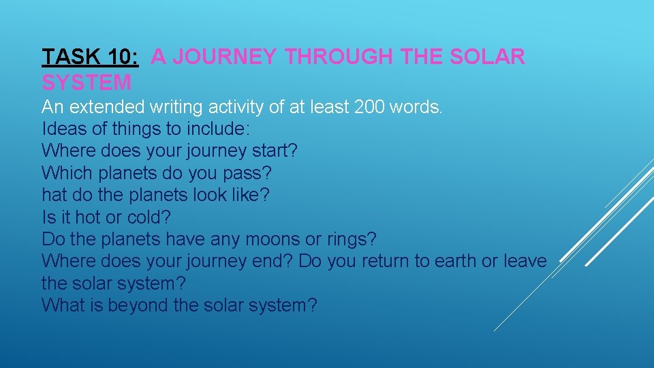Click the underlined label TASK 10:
(91, 57)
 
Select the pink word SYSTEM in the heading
(87, 83)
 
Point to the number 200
(371, 107)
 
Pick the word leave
(524, 261)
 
